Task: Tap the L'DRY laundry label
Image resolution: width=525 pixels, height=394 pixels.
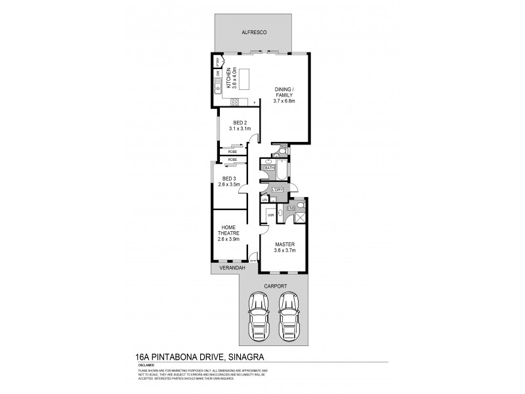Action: point(277,190)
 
